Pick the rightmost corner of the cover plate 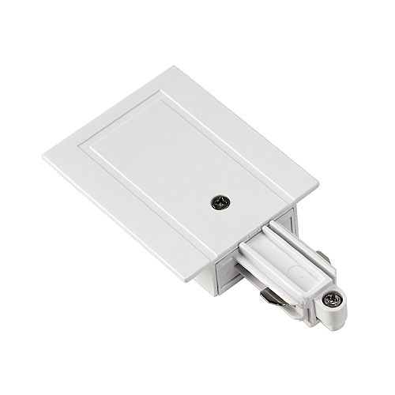[318, 188]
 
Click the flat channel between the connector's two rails [291, 254]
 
